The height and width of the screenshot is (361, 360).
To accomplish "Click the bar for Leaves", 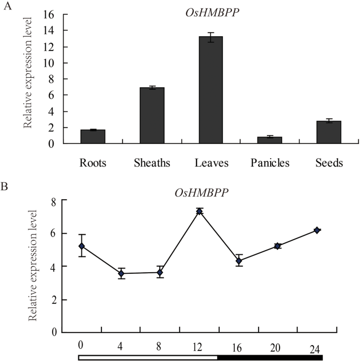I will pyautogui.click(x=211, y=90).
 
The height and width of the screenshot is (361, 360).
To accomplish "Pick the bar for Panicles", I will pyautogui.click(x=270, y=140).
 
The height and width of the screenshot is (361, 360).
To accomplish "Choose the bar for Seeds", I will pyautogui.click(x=328, y=132).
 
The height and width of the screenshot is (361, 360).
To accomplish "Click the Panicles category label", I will pyautogui.click(x=270, y=163).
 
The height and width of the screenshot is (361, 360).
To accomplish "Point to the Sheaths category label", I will pyautogui.click(x=152, y=163).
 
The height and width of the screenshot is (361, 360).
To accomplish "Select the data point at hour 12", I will pyautogui.click(x=199, y=211).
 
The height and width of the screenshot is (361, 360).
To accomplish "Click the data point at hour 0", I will pyautogui.click(x=81, y=246).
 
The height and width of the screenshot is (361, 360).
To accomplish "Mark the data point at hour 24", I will pyautogui.click(x=317, y=230).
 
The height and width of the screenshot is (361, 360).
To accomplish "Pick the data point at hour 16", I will pyautogui.click(x=239, y=261).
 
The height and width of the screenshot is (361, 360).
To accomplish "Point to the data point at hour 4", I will pyautogui.click(x=121, y=273).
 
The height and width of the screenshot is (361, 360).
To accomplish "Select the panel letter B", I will pyautogui.click(x=6, y=187).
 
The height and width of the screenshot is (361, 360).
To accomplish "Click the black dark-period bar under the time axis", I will pyautogui.click(x=270, y=357).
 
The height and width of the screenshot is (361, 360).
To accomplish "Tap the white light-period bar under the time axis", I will pyautogui.click(x=148, y=357).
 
